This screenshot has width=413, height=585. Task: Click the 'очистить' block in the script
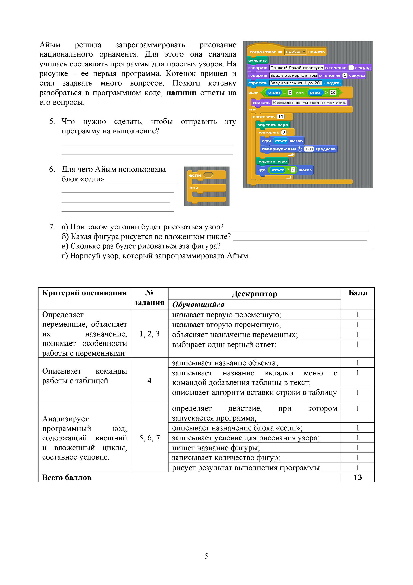(257, 60)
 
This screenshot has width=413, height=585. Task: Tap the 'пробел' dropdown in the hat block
(295, 52)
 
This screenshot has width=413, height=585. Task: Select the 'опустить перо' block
(272, 125)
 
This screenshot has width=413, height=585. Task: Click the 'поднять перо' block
(272, 161)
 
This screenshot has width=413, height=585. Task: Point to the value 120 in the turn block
(309, 149)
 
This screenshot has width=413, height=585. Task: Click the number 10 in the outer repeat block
(280, 117)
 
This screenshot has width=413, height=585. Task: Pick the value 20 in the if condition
(333, 93)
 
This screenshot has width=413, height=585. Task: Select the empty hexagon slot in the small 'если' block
(208, 175)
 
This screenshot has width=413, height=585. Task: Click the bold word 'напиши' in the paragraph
(181, 93)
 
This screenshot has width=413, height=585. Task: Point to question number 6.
(52, 169)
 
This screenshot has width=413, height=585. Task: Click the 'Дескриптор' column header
(254, 294)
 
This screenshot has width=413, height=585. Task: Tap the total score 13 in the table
(357, 477)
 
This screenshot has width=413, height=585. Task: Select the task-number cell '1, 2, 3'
(149, 334)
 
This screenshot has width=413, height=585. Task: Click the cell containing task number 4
(149, 380)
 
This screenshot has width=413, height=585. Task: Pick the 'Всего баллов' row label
(67, 477)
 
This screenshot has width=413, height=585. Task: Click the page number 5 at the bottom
(206, 556)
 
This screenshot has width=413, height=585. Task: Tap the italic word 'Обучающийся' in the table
(198, 305)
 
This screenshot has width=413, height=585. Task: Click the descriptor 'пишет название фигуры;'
(216, 448)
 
